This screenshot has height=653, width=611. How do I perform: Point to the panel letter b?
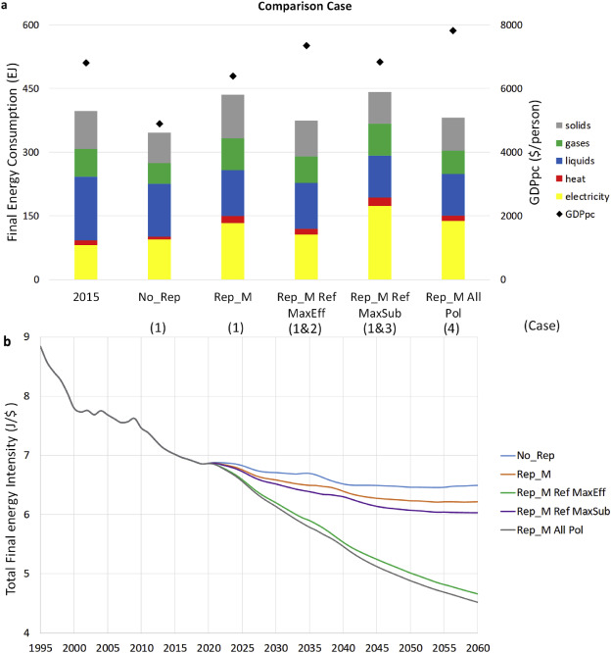pyautogui.click(x=8, y=342)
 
